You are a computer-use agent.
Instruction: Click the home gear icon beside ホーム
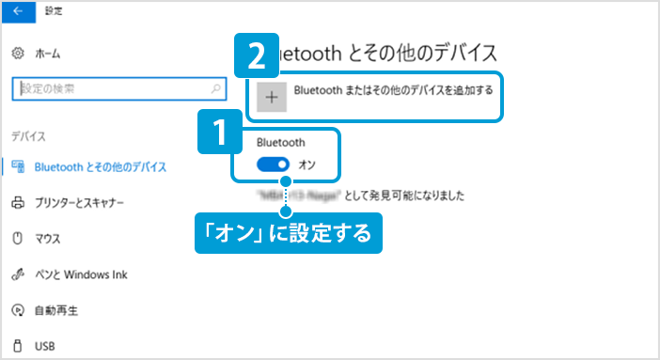(17, 54)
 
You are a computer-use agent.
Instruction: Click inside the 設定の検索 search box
(108, 89)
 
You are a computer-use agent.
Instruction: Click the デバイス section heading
(29, 136)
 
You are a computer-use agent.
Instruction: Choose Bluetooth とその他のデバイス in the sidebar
(100, 167)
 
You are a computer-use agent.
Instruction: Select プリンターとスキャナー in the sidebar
(79, 203)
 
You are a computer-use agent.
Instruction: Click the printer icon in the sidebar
(17, 203)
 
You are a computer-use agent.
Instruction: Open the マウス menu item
(48, 239)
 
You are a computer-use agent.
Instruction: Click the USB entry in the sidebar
(45, 346)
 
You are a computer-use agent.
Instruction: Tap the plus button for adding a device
(272, 97)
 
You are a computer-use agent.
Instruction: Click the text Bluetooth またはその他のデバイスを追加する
(393, 91)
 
